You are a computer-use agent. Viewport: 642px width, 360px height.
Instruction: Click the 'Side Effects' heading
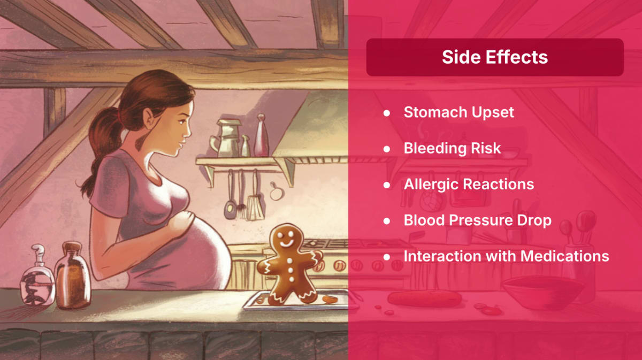[x=495, y=57]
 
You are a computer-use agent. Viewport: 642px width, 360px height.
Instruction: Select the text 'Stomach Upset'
[x=458, y=112]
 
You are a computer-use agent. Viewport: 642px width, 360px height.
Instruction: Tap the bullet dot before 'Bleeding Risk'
[x=387, y=149]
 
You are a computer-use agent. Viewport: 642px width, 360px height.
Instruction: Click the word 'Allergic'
[x=431, y=185]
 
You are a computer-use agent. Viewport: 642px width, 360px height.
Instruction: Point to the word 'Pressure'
[x=480, y=220]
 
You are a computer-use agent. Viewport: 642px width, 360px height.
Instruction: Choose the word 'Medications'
[x=564, y=256]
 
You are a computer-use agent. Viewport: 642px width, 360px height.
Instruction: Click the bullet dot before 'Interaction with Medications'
[x=387, y=257]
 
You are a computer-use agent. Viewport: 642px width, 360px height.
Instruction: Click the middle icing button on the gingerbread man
[x=291, y=270]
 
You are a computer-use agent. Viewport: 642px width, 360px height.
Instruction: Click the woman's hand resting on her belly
[x=181, y=224]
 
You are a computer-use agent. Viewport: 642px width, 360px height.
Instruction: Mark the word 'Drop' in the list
[x=534, y=221]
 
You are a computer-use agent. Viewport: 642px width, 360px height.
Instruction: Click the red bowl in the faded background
[x=543, y=293]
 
